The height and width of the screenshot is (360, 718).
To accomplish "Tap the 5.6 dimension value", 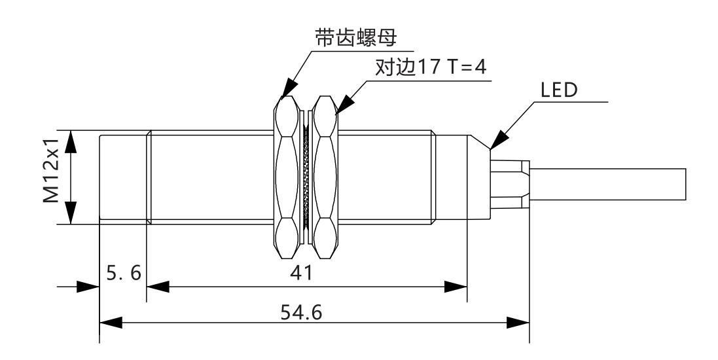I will tap(122, 273).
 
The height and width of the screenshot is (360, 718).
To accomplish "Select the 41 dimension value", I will tap(306, 273).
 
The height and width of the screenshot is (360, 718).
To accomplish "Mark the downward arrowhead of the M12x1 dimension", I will tap(73, 213).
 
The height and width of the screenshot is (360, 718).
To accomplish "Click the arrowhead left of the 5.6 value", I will tap(86, 287).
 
